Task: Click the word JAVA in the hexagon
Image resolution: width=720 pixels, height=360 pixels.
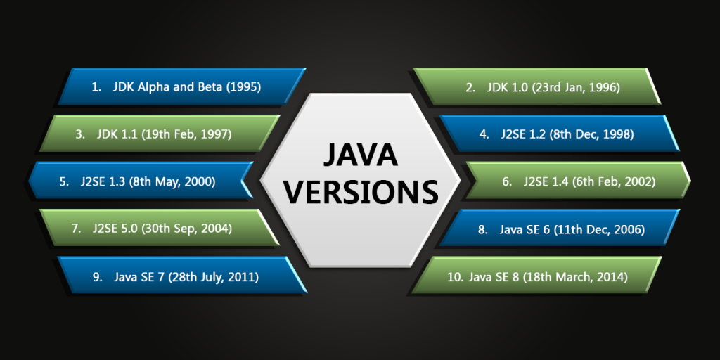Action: pos(360,155)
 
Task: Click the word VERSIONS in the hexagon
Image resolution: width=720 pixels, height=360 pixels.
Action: pos(360,191)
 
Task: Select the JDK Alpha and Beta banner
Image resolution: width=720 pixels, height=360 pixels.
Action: pos(182,86)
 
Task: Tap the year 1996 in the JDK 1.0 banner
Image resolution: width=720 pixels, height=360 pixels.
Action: pos(607,87)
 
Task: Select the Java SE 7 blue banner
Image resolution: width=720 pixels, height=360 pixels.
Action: pos(182,275)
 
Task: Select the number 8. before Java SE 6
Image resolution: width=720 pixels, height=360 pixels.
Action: pos(483,229)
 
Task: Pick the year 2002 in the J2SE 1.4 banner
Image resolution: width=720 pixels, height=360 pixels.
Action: pos(641,182)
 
